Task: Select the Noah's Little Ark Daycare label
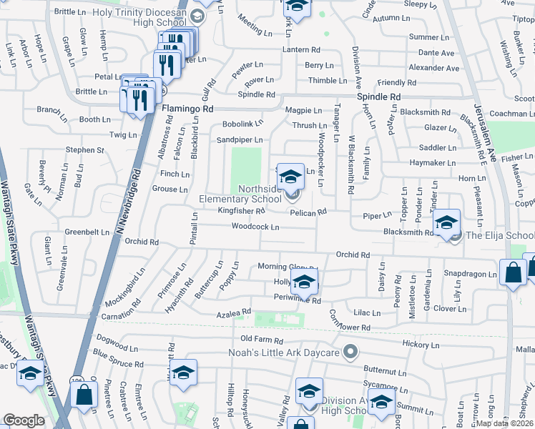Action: (x=288, y=352)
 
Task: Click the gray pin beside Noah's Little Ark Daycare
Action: (x=350, y=352)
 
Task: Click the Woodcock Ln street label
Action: (x=255, y=227)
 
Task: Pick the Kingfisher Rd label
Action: (x=241, y=211)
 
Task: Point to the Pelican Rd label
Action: (x=308, y=212)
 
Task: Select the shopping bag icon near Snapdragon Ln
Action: (x=513, y=272)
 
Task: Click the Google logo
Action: (x=24, y=420)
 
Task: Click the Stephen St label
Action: (x=85, y=150)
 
